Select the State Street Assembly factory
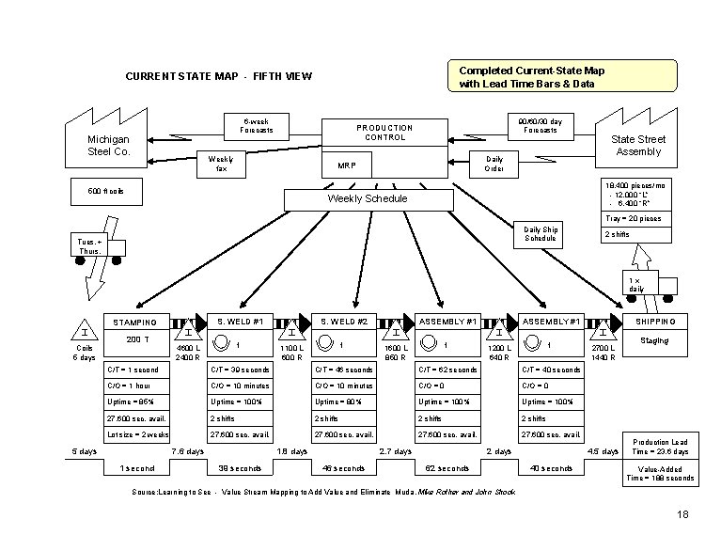click(x=638, y=145)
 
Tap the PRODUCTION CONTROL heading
click(x=384, y=133)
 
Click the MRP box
click(x=348, y=166)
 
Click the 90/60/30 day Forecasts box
click(x=541, y=125)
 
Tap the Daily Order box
click(x=494, y=165)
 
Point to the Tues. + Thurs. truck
click(x=99, y=248)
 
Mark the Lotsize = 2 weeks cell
click(x=135, y=434)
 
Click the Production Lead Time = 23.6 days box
click(x=662, y=446)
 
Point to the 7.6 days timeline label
click(x=187, y=451)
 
